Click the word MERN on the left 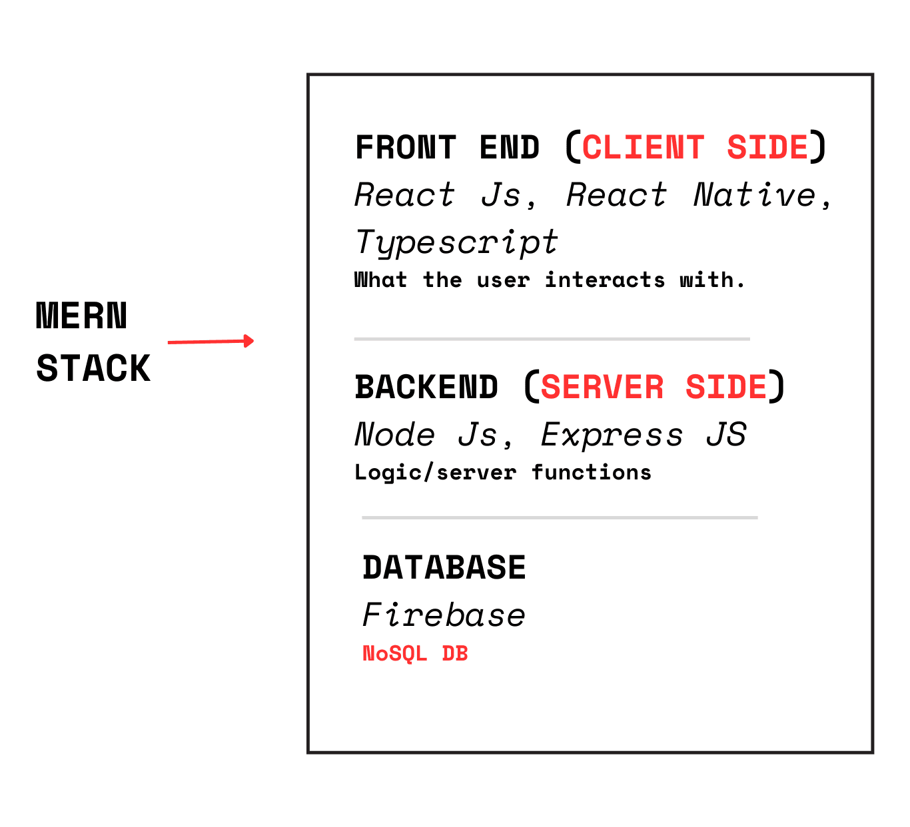[x=81, y=316]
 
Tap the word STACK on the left [x=93, y=368]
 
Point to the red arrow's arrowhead [x=249, y=341]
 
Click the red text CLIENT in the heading [x=643, y=147]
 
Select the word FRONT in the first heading [x=406, y=147]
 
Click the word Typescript [x=456, y=243]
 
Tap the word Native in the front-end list [x=755, y=195]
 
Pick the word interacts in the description [x=605, y=280]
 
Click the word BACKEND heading [x=426, y=387]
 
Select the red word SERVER [x=602, y=387]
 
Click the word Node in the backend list [x=395, y=435]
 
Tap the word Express [x=612, y=435]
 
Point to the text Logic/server [x=435, y=472]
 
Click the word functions [x=592, y=472]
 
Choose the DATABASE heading [x=444, y=567]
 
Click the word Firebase [x=444, y=615]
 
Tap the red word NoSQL [x=395, y=653]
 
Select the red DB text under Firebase [x=455, y=653]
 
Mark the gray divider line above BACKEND [x=552, y=339]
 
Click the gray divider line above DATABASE [x=560, y=517]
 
